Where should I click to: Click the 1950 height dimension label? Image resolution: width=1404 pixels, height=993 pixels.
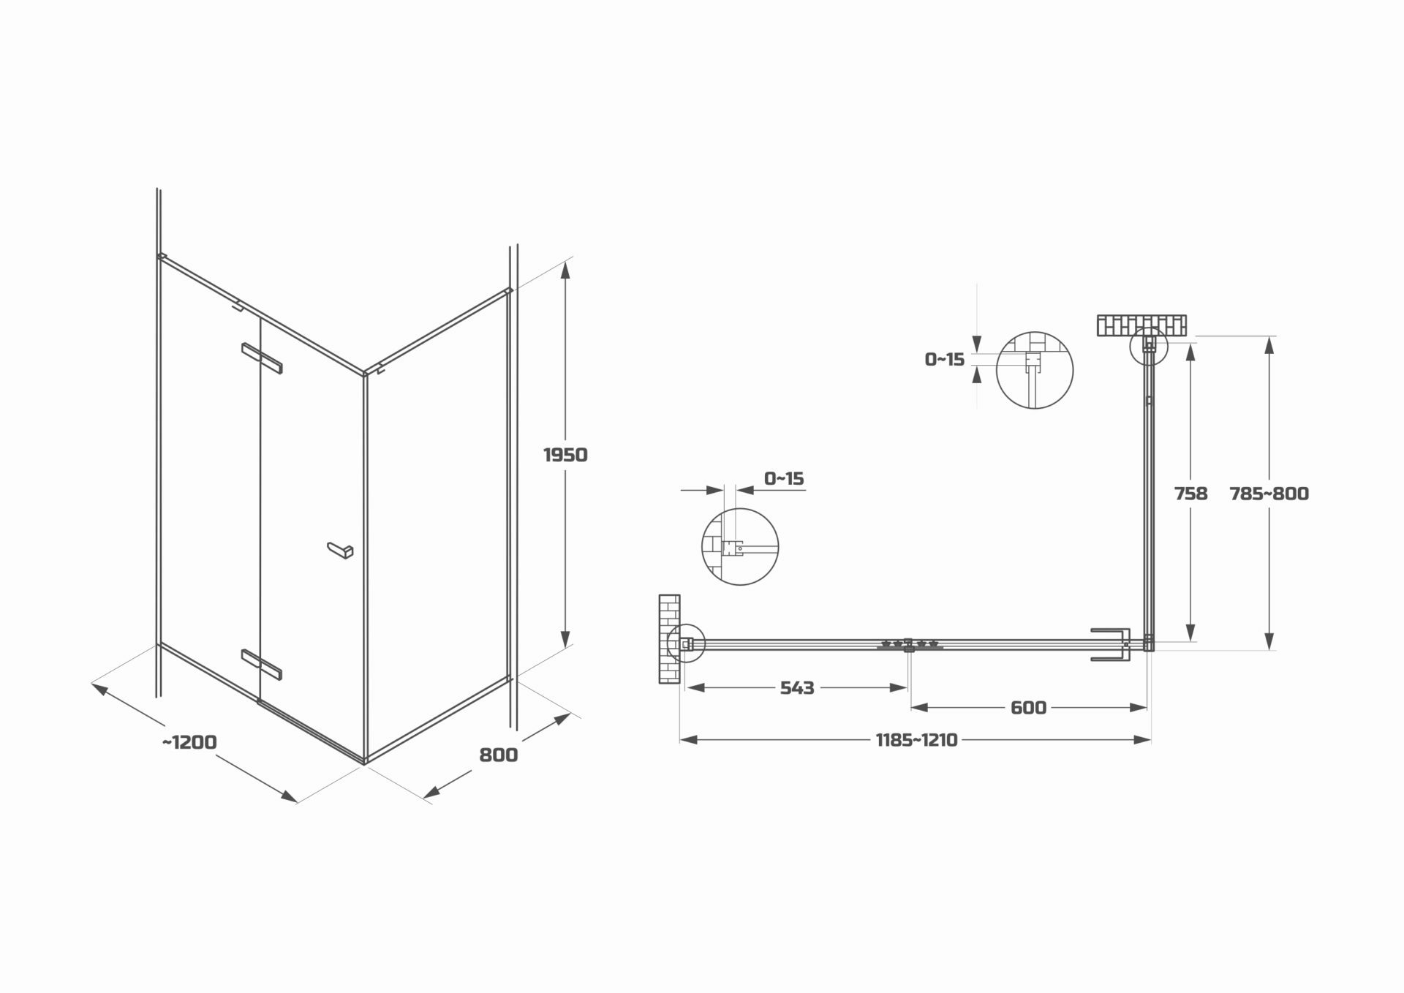[x=565, y=455]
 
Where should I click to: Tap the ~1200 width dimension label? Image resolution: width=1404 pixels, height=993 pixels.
[x=189, y=742]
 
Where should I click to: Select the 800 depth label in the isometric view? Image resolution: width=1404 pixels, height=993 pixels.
[x=498, y=755]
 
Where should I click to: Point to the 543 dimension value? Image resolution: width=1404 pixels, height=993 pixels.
[x=796, y=688]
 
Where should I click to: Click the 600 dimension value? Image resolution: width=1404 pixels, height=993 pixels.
[x=1028, y=708]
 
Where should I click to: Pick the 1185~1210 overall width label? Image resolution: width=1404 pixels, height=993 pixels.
[x=916, y=741]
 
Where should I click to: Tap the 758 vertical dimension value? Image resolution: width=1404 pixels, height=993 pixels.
[x=1190, y=494]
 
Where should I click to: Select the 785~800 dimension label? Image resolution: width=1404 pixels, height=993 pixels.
[x=1269, y=494]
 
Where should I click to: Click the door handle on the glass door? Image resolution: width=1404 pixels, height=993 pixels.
[x=340, y=550]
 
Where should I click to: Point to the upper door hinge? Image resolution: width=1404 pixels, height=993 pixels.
[x=262, y=358]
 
